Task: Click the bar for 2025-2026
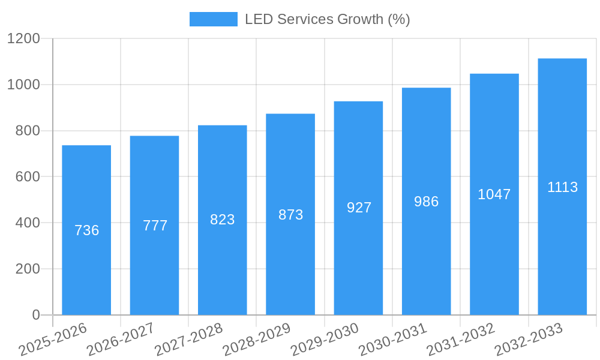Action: (86, 270)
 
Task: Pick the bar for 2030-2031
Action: (426, 258)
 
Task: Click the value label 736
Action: (86, 230)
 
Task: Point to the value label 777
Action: (155, 226)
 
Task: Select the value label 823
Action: (223, 220)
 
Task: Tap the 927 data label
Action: (359, 208)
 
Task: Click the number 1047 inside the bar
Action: (494, 194)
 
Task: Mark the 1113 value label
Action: (562, 187)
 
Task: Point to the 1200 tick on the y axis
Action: (23, 39)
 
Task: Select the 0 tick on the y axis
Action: (35, 315)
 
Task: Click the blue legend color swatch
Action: (214, 19)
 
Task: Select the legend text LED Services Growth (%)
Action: (327, 19)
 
